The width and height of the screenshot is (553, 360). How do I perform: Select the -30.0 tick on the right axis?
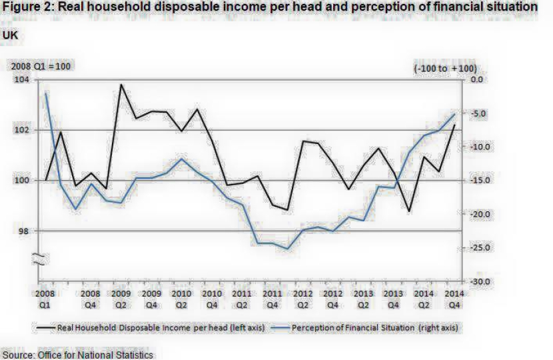tap(480, 282)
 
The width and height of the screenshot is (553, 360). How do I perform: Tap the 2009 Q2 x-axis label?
tap(121, 298)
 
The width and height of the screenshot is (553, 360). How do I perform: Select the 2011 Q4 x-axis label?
tap(271, 298)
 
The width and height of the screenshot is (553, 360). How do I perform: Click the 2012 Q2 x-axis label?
tap(302, 298)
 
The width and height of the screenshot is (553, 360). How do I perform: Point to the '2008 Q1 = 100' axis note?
tap(39, 67)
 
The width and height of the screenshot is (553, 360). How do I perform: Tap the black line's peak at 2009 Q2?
tap(121, 85)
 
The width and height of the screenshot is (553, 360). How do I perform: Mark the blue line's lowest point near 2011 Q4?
tap(287, 249)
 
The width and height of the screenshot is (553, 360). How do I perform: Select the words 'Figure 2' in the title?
tap(27, 7)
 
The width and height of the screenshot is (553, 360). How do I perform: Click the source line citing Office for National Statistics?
tap(77, 354)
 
